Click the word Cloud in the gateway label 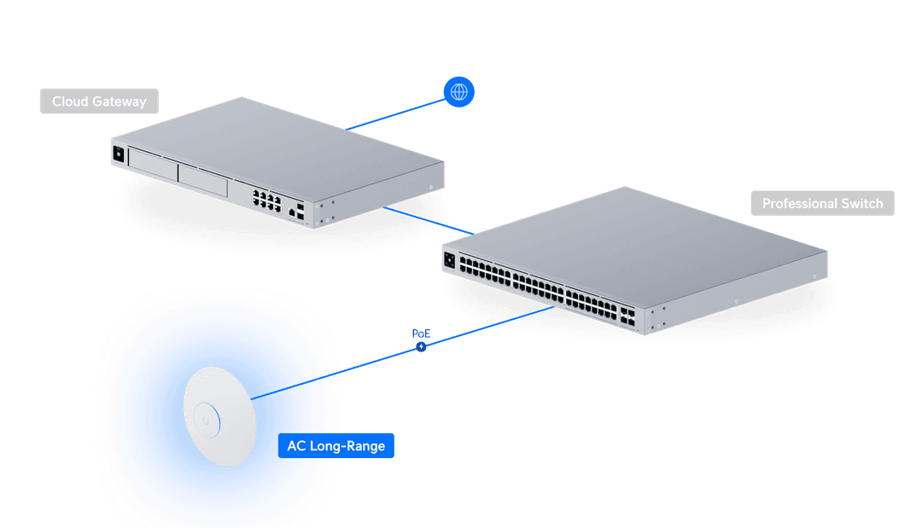(x=70, y=102)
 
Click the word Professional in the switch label (x=799, y=204)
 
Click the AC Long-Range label (x=336, y=446)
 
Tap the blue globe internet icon (x=459, y=91)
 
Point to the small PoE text (x=420, y=332)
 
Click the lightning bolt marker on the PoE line (x=420, y=346)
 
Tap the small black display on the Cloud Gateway (x=118, y=154)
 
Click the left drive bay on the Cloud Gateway (x=152, y=164)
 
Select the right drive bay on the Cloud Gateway (x=203, y=180)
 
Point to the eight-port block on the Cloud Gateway (x=266, y=200)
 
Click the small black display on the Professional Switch (x=449, y=258)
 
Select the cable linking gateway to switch (x=427, y=219)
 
